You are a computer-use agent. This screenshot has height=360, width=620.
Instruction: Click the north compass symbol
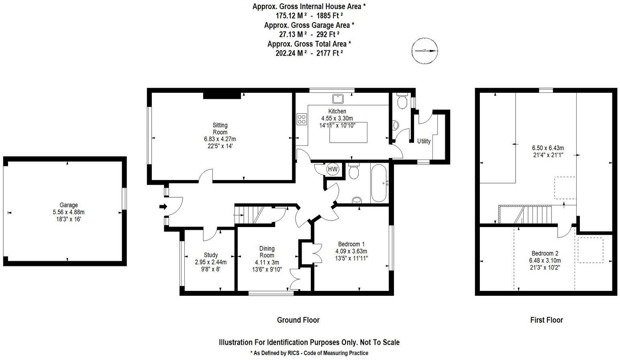click(425, 51)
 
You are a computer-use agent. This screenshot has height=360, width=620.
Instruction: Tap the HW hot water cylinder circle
click(333, 169)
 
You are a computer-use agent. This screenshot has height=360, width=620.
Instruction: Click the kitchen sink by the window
click(337, 97)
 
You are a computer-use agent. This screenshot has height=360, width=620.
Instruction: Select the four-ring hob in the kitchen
click(301, 119)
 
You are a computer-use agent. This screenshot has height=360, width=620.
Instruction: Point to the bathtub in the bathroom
click(379, 183)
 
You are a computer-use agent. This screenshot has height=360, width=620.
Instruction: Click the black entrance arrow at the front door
click(163, 207)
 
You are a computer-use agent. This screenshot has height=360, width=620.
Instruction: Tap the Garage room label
click(69, 205)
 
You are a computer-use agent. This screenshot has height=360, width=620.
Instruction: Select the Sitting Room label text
click(220, 129)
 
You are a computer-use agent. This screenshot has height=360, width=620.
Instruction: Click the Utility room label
click(424, 141)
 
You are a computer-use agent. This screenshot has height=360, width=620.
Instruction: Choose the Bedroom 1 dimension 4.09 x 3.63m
click(351, 251)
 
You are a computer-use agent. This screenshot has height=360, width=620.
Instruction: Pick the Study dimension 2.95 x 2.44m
click(211, 262)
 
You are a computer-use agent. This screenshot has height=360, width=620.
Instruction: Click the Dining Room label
click(267, 252)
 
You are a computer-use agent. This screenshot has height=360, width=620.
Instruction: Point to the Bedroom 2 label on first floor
click(545, 254)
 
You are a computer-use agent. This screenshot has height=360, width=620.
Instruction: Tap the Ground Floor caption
click(298, 320)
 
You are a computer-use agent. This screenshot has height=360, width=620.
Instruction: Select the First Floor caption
click(547, 320)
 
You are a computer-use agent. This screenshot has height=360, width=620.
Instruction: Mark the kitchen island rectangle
click(349, 132)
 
